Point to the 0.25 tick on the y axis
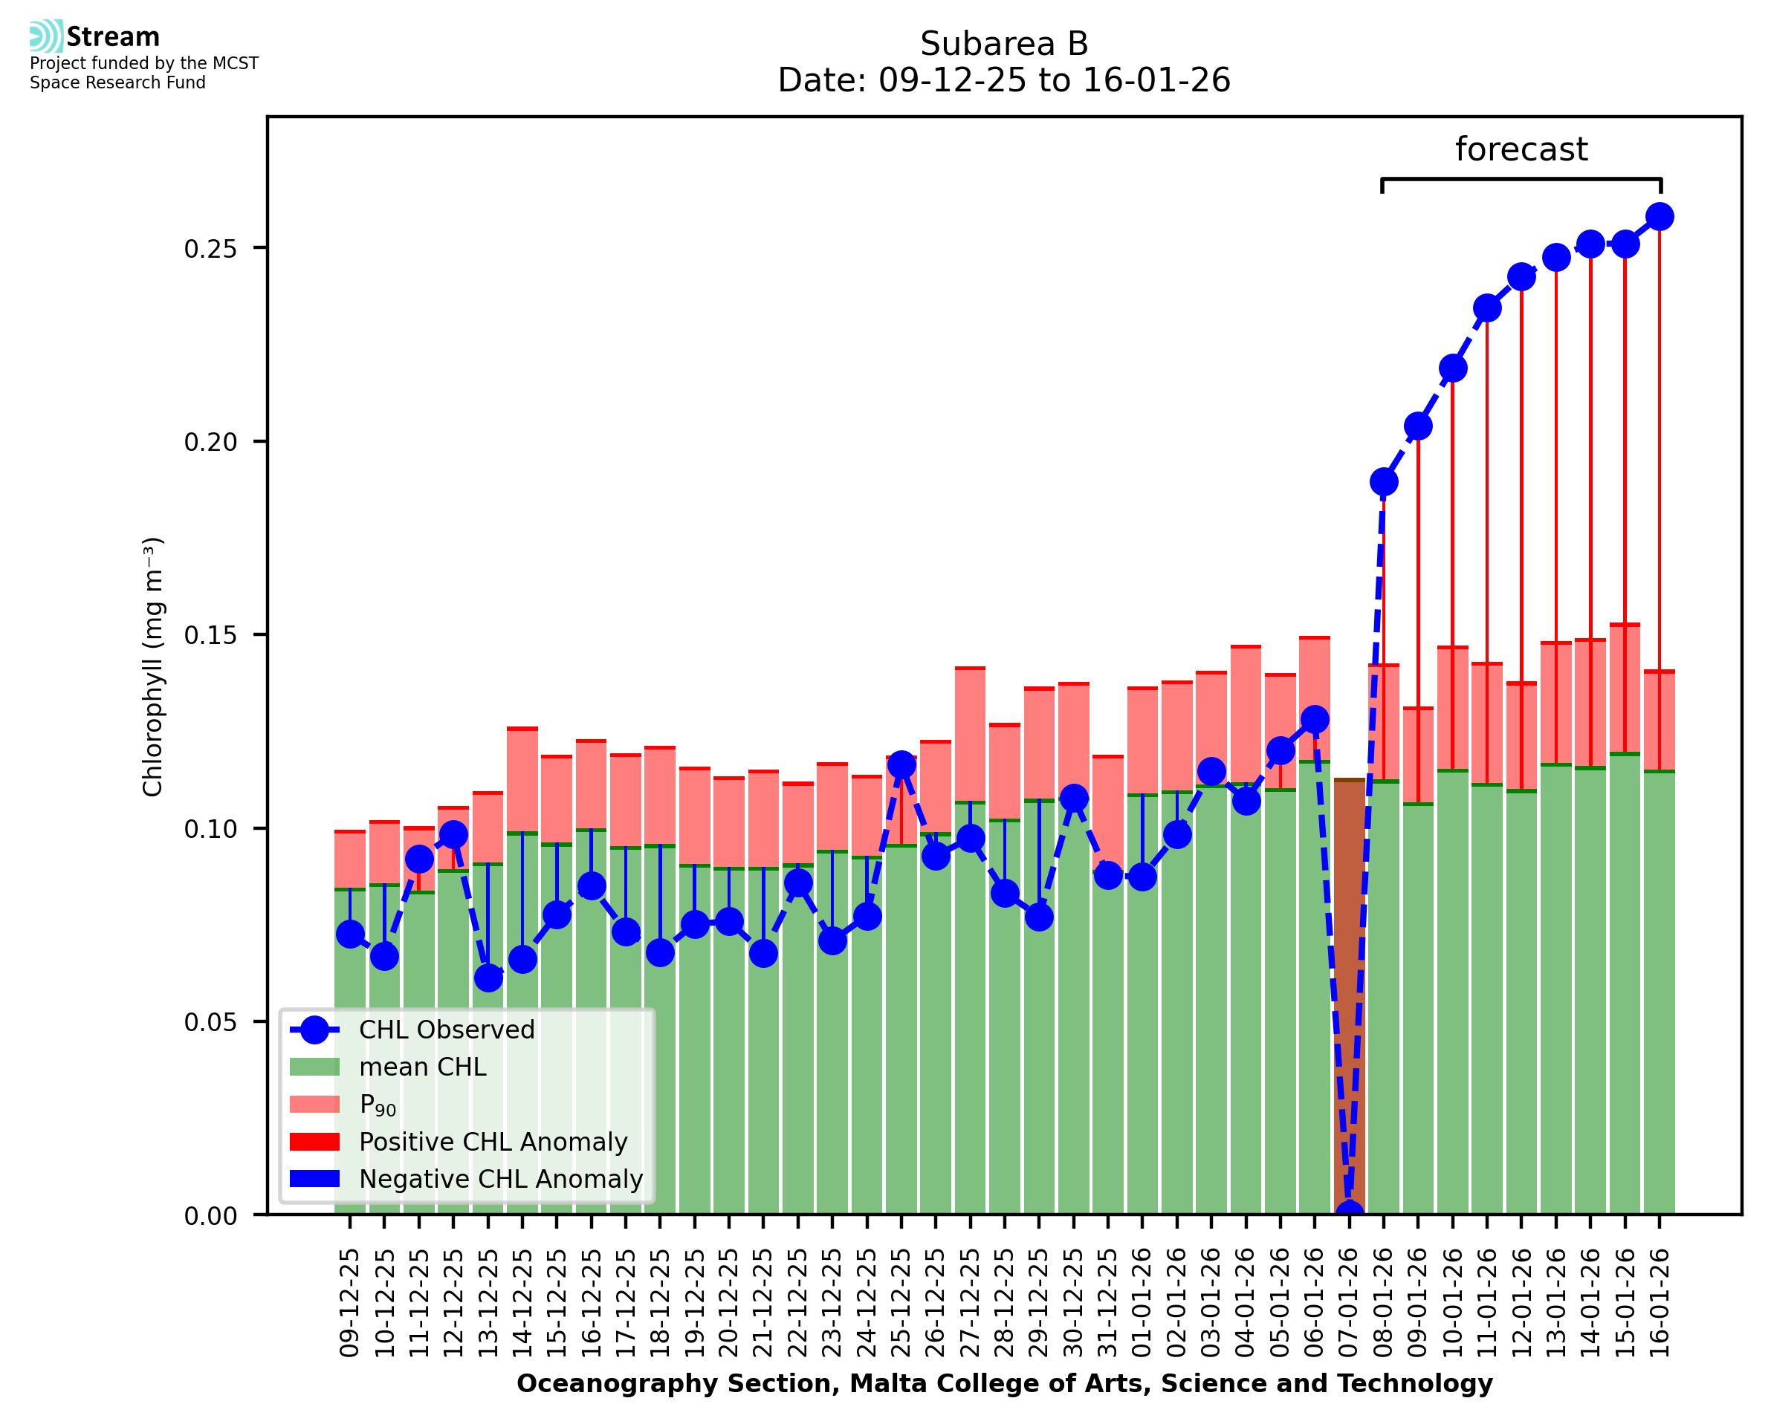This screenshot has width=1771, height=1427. (x=216, y=248)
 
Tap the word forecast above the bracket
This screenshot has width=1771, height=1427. (x=1521, y=149)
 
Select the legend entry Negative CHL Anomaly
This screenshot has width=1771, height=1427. (x=501, y=1179)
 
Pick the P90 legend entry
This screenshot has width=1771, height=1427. (x=378, y=1105)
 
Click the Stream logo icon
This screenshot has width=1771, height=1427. (x=46, y=36)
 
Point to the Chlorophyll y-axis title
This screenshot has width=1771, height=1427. (x=153, y=666)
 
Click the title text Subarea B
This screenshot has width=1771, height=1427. (x=1004, y=44)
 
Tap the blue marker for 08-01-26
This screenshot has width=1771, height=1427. (x=1384, y=481)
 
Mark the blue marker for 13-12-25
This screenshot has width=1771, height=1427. (x=488, y=978)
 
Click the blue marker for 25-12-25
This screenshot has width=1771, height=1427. (x=901, y=764)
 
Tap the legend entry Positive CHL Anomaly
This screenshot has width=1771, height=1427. (x=493, y=1142)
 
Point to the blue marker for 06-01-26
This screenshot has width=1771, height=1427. (x=1315, y=719)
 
